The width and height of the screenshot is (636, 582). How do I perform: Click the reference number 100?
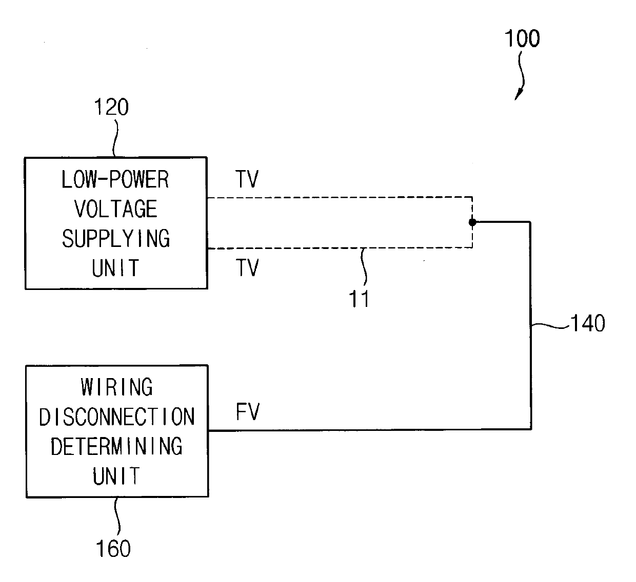(522, 38)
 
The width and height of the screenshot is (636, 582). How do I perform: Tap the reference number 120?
(112, 107)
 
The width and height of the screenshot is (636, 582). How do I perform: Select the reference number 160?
(113, 548)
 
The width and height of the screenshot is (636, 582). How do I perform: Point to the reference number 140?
(588, 323)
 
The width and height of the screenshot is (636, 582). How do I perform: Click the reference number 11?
(359, 299)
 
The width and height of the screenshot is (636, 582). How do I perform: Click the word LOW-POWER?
(115, 179)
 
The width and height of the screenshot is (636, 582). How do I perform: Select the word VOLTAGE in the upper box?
(116, 209)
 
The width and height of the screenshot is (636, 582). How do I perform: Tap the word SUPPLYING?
(116, 238)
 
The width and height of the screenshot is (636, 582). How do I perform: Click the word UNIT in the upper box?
(115, 268)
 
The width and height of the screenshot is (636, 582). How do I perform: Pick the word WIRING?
(116, 387)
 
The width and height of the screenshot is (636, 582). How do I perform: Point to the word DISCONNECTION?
(116, 417)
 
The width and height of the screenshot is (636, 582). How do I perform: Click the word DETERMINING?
(116, 446)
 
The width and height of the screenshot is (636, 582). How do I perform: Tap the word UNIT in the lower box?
(116, 476)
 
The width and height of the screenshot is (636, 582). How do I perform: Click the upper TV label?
(247, 179)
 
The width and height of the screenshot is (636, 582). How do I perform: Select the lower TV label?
(247, 267)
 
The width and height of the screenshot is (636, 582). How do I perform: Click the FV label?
(248, 411)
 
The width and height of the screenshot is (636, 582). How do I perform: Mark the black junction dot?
(472, 222)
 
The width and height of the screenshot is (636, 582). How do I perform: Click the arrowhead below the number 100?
(518, 94)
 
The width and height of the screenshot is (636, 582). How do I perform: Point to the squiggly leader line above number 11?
(364, 267)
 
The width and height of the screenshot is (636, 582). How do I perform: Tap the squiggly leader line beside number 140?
(550, 325)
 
